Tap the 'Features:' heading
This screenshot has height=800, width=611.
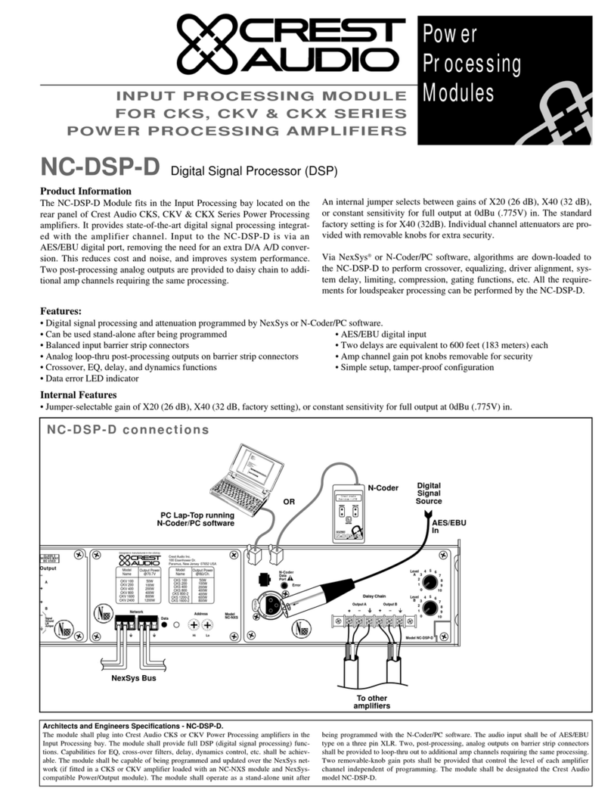60,311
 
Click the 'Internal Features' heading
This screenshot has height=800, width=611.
79,394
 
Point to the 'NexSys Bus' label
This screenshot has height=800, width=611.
133,677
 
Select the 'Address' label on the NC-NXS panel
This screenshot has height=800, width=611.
201,615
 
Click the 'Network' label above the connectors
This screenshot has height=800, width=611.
136,611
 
